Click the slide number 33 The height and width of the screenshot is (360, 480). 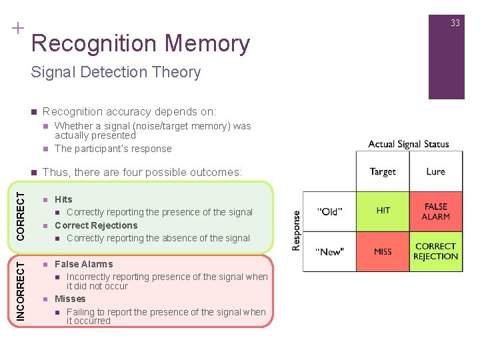click(455, 23)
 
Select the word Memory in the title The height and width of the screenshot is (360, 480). click(207, 43)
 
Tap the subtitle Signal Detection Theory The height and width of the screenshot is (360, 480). click(116, 72)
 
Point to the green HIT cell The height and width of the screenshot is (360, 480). click(383, 211)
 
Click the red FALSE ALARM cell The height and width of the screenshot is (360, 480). click(435, 211)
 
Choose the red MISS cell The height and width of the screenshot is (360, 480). click(383, 251)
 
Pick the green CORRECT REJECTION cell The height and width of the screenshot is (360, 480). click(435, 251)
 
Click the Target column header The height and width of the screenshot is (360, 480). click(383, 171)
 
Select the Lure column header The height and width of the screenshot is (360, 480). click(435, 171)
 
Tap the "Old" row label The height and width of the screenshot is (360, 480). click(329, 211)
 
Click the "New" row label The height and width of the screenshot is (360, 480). click(329, 252)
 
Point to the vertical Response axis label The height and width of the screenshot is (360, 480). click(295, 231)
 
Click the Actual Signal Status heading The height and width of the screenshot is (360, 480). click(409, 144)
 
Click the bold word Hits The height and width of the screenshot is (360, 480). click(63, 199)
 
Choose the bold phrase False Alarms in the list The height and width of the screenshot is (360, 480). click(83, 264)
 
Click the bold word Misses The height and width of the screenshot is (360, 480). click(70, 299)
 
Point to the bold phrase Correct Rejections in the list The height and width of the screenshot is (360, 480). click(96, 225)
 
